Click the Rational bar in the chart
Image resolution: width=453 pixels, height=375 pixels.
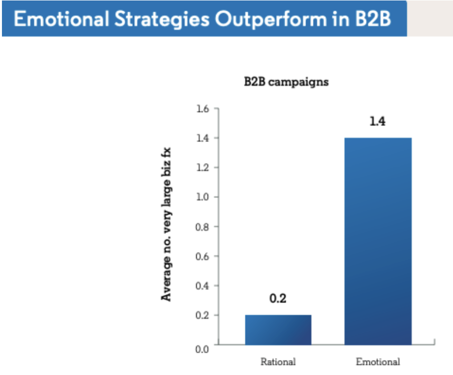coord(278,330)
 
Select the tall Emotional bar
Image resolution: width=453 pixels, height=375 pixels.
coord(378,241)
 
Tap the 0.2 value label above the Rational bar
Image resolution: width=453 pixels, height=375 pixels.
coord(278,299)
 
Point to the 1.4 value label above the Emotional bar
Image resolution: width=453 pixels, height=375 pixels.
coord(377,122)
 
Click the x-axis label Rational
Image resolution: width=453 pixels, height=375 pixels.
coord(278,362)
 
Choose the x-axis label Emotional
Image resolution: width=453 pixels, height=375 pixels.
coord(378,362)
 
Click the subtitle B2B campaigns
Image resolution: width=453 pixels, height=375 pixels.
coord(286,82)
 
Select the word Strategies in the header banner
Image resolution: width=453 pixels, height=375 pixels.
coord(165,20)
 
